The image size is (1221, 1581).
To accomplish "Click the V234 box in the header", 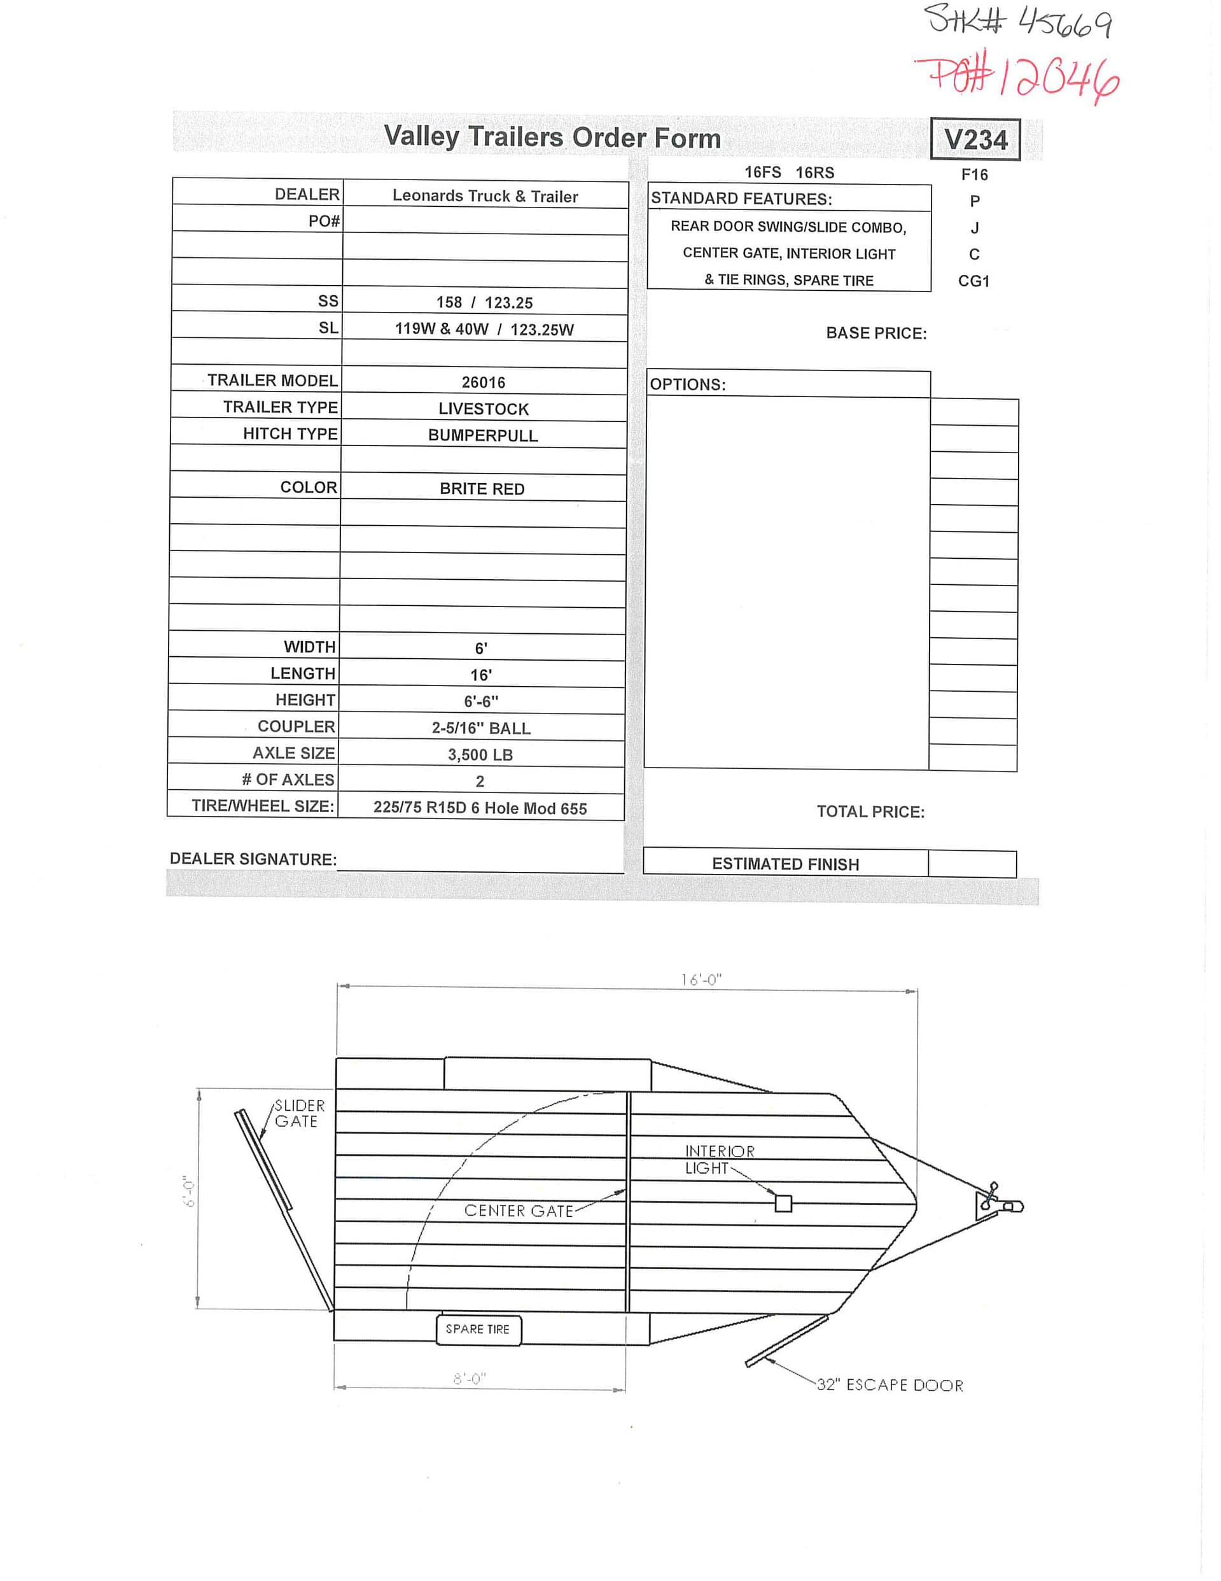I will click(x=975, y=139).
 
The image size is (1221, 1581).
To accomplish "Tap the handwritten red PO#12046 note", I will click(x=1017, y=79).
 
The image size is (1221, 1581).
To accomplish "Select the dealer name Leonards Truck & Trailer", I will click(x=485, y=195).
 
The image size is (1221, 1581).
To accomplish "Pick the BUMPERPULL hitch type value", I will click(x=483, y=435).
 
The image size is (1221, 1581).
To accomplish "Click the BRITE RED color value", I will click(x=482, y=489).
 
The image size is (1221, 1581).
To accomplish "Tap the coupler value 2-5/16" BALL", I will click(x=481, y=727).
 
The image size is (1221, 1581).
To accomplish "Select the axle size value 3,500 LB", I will click(x=480, y=754).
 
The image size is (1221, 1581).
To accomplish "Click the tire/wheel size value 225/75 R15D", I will click(x=480, y=808).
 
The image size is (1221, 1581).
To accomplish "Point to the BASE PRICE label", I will click(x=876, y=333).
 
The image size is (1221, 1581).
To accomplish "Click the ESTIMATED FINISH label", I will click(x=785, y=864).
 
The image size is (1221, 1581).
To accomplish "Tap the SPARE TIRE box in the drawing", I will click(x=478, y=1329).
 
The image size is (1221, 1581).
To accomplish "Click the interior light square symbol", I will click(x=783, y=1203).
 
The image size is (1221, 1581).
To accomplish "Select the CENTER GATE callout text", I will click(x=518, y=1211).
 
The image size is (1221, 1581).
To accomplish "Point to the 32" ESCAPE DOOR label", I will click(x=890, y=1385).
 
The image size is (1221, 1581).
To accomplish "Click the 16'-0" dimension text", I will click(x=701, y=980).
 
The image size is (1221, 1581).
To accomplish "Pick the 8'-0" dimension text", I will click(x=470, y=1379).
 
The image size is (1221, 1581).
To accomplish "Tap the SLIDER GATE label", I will click(x=299, y=1113).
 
